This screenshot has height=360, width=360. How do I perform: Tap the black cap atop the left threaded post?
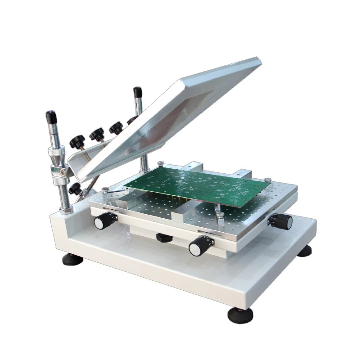[x=50, y=118]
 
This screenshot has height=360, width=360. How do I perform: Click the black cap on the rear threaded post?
[x=137, y=93]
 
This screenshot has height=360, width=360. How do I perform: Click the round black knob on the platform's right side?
[x=283, y=221]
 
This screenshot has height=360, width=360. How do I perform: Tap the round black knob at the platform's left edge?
[x=102, y=220]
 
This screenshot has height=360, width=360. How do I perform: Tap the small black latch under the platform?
[x=164, y=237]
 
